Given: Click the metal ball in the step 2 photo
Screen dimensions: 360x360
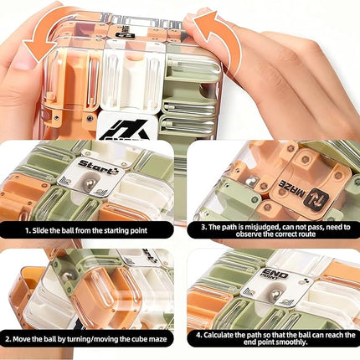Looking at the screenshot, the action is tap(66, 276).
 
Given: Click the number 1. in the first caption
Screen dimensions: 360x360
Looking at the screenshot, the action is tap(28, 230).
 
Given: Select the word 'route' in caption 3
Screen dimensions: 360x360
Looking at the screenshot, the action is tap(306, 234).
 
